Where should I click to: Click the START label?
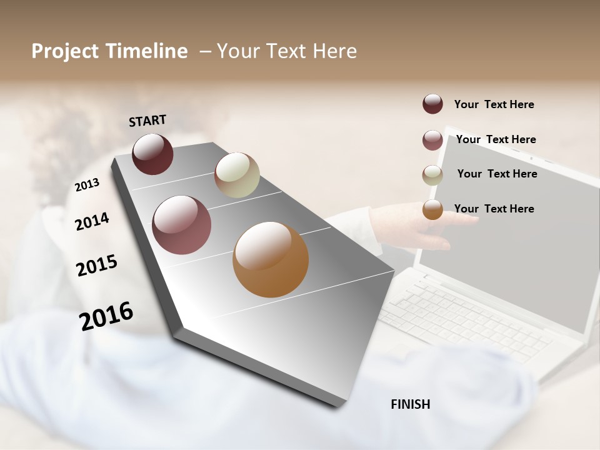pos(147,121)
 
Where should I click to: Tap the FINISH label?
pos(410,404)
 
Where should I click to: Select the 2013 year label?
pos(87,185)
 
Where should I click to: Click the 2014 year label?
pos(92,222)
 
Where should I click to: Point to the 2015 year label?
pos(97,266)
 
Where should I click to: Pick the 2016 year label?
pos(106,316)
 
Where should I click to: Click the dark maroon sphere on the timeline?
pos(152,154)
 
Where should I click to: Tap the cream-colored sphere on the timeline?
pos(237,175)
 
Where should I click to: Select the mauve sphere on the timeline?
pos(181,225)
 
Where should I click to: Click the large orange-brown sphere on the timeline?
pos(271,259)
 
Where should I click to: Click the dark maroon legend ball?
pos(432,104)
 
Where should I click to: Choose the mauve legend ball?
pos(432,140)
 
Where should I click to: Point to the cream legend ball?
pos(432,175)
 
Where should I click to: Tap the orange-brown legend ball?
pos(432,209)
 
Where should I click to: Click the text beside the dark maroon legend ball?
pos(494,104)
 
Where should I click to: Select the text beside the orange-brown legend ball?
pos(494,209)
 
